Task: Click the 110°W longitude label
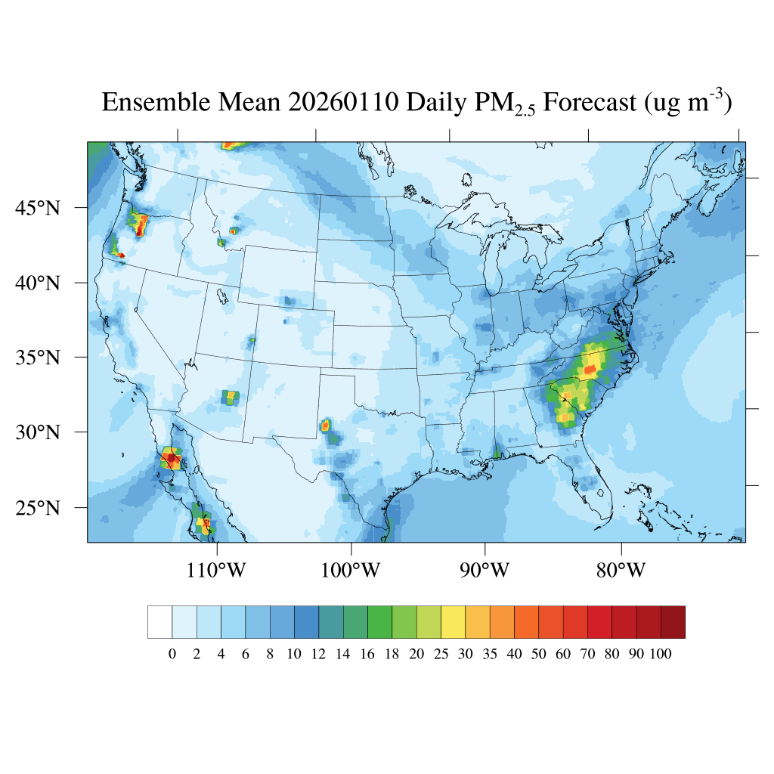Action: click(216, 571)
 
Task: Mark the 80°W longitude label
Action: click(621, 571)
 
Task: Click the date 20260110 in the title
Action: click(343, 102)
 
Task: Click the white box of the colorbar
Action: click(159, 622)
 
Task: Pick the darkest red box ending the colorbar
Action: click(673, 622)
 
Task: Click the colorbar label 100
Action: click(660, 655)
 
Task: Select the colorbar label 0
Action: click(172, 655)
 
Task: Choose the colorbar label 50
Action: click(538, 655)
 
